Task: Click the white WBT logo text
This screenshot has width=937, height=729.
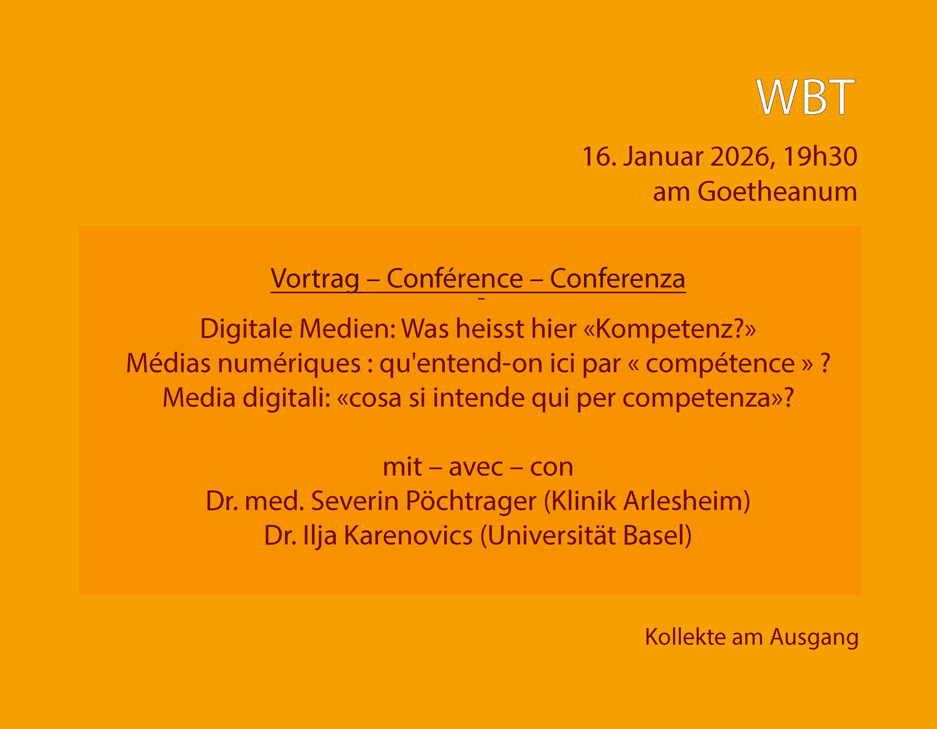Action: click(x=806, y=97)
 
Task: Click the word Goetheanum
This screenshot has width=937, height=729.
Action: click(x=777, y=192)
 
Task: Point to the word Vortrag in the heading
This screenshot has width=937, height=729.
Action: click(x=315, y=279)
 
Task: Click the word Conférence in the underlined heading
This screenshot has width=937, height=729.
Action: click(x=454, y=278)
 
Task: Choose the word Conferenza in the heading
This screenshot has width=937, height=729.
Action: click(x=617, y=278)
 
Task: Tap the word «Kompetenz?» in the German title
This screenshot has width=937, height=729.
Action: click(x=670, y=329)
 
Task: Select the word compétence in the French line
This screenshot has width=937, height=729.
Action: click(x=720, y=363)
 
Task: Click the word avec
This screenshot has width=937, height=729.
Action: click(x=476, y=467)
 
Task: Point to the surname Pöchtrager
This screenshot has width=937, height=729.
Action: click(x=470, y=501)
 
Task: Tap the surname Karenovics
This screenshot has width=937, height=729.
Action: click(x=408, y=535)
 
